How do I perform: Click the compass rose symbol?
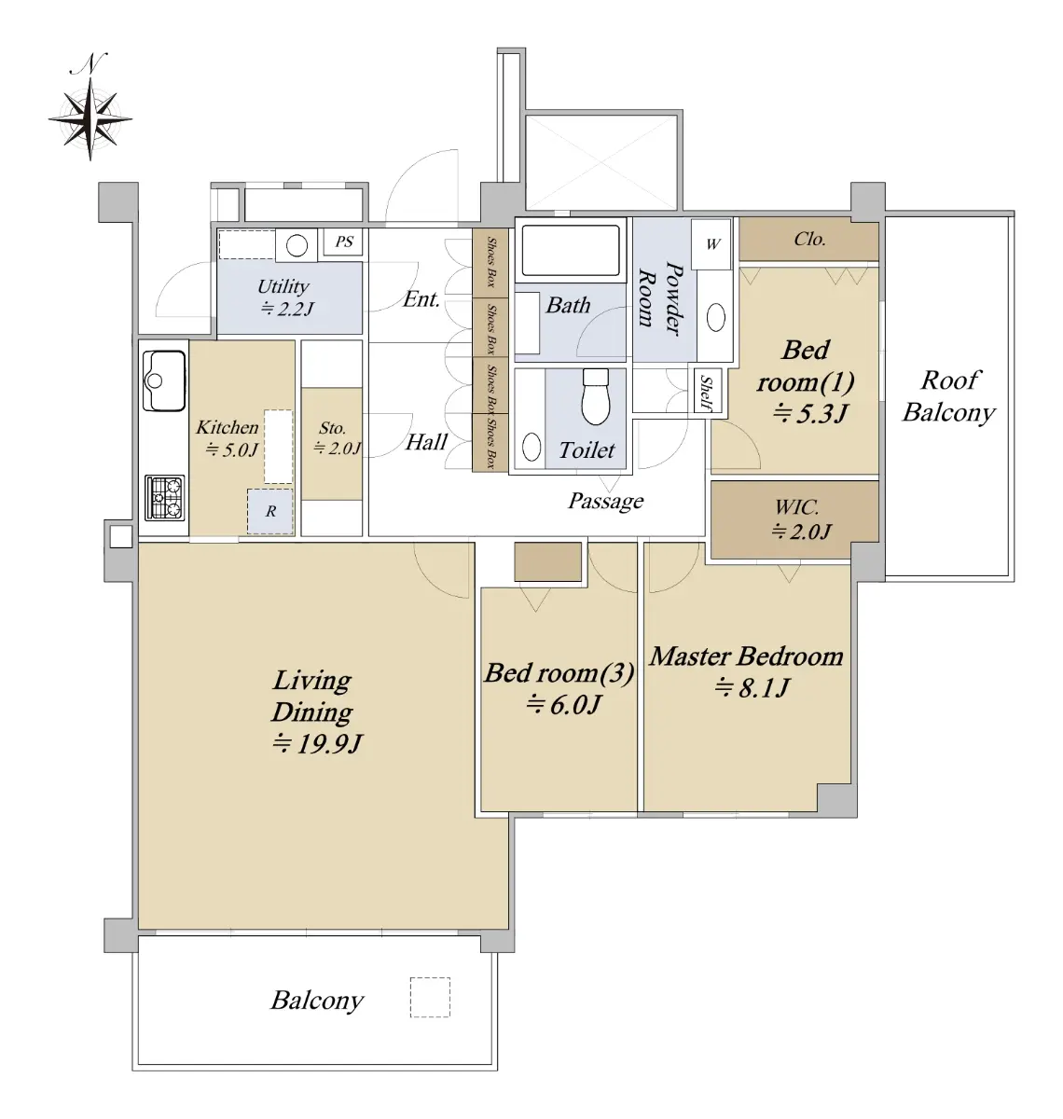pos(90,118)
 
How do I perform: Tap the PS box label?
pos(343,242)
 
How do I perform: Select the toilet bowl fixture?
pos(596,396)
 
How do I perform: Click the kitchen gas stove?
pos(164,497)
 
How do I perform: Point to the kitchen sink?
pos(164,380)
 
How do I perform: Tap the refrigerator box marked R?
pos(270,511)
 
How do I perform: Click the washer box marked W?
pos(711,244)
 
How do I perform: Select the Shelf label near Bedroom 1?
pos(707,393)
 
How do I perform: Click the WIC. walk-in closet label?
pos(796,506)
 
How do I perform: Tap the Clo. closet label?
pos(809,239)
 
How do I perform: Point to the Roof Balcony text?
pos(949,395)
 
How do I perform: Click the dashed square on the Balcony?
pos(430,997)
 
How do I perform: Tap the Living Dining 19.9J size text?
pos(316,743)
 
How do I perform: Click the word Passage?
pos(606,501)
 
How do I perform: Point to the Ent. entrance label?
pos(421,298)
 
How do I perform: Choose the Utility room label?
pos(283,286)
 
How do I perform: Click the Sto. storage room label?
pos(332,427)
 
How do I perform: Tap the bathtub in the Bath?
pos(571,250)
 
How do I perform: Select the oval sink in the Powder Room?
pos(715,317)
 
